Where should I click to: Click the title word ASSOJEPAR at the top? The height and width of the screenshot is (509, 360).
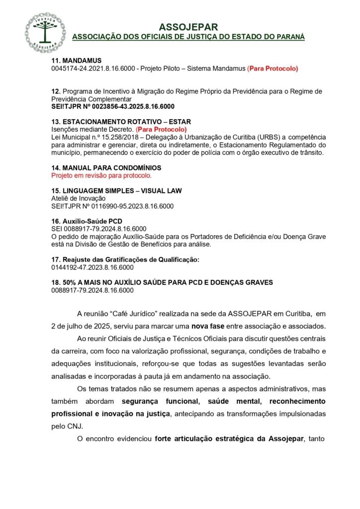click(x=188, y=27)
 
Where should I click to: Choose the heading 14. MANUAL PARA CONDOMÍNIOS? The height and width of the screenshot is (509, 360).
click(x=106, y=168)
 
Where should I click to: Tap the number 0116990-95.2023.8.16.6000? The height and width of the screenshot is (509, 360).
click(x=132, y=206)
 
